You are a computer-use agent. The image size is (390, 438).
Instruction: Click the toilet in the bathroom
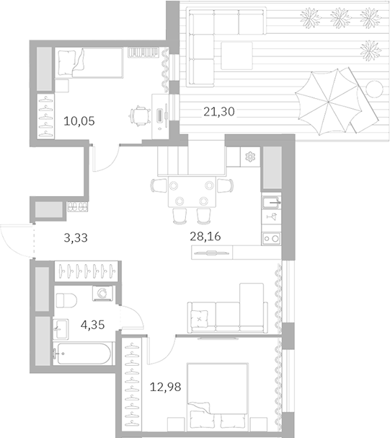pyautogui.click(x=66, y=301)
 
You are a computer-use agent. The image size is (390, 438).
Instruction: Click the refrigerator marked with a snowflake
pyautogui.click(x=249, y=157)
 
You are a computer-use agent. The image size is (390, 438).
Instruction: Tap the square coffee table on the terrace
pyautogui.click(x=237, y=55)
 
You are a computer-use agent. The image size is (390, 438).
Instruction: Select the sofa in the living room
pyautogui.click(x=226, y=310)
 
